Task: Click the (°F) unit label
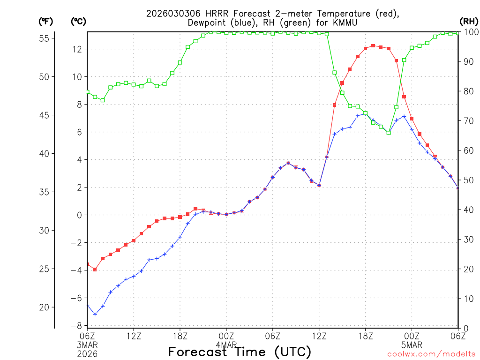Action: pyautogui.click(x=45, y=21)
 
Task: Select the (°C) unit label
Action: pyautogui.click(x=78, y=21)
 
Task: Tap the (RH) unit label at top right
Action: pyautogui.click(x=468, y=21)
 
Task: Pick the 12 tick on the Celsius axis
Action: pyautogui.click(x=78, y=49)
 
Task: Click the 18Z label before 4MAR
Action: pyautogui.click(x=180, y=336)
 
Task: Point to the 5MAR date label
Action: pyautogui.click(x=412, y=345)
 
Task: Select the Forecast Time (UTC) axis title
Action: pyautogui.click(x=240, y=352)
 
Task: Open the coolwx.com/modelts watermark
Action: pyautogui.click(x=431, y=354)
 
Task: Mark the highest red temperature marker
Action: pyautogui.click(x=373, y=46)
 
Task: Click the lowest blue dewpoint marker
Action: pyautogui.click(x=95, y=314)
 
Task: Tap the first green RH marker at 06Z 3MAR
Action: pyautogui.click(x=88, y=92)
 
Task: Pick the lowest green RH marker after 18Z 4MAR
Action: pyautogui.click(x=389, y=133)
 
